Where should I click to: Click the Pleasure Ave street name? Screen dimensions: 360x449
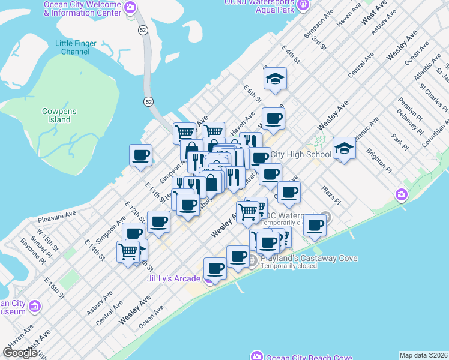click(56, 217)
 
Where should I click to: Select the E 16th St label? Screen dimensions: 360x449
click(54, 287)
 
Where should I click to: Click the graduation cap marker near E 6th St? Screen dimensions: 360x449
click(275, 79)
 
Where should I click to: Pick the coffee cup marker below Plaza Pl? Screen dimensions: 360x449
click(315, 226)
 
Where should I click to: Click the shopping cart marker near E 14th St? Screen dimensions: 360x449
click(128, 251)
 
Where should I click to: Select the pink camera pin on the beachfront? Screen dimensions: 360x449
click(401, 194)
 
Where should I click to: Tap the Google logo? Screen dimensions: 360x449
click(20, 353)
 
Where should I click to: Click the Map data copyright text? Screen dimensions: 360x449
click(423, 355)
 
